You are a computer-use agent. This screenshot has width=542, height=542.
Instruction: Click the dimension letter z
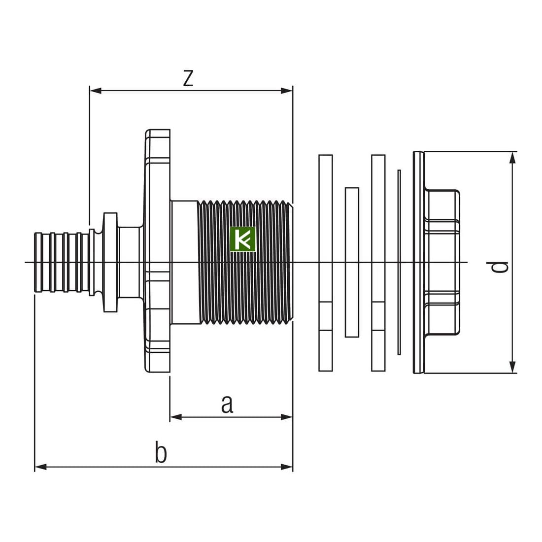tap(188, 78)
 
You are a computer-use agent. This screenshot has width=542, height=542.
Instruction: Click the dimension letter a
tap(227, 404)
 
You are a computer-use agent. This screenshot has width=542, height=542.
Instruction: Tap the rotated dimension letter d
tap(500, 267)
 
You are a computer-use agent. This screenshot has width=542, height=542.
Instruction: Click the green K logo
tap(243, 239)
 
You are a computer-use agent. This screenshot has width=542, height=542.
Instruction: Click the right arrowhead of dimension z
tap(287, 91)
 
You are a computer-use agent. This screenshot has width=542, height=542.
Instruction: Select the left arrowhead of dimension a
tap(176, 417)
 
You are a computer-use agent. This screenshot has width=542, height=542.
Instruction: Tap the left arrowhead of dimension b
tap(41, 467)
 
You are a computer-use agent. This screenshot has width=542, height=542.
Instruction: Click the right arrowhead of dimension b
tap(287, 467)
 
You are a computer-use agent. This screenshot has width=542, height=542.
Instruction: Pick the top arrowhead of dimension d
tap(513, 158)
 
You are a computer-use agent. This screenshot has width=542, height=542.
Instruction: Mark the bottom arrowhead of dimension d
tap(513, 367)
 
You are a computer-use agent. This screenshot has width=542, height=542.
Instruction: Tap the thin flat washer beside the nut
tap(399, 262)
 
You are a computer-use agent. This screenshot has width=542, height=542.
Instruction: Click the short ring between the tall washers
tap(352, 262)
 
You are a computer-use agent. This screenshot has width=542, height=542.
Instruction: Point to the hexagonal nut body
tap(442, 262)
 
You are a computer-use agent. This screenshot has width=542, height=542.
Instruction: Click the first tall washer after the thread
tap(325, 262)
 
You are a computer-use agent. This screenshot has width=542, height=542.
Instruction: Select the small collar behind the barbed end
tap(110, 262)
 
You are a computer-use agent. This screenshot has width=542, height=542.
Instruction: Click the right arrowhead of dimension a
tap(287, 417)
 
